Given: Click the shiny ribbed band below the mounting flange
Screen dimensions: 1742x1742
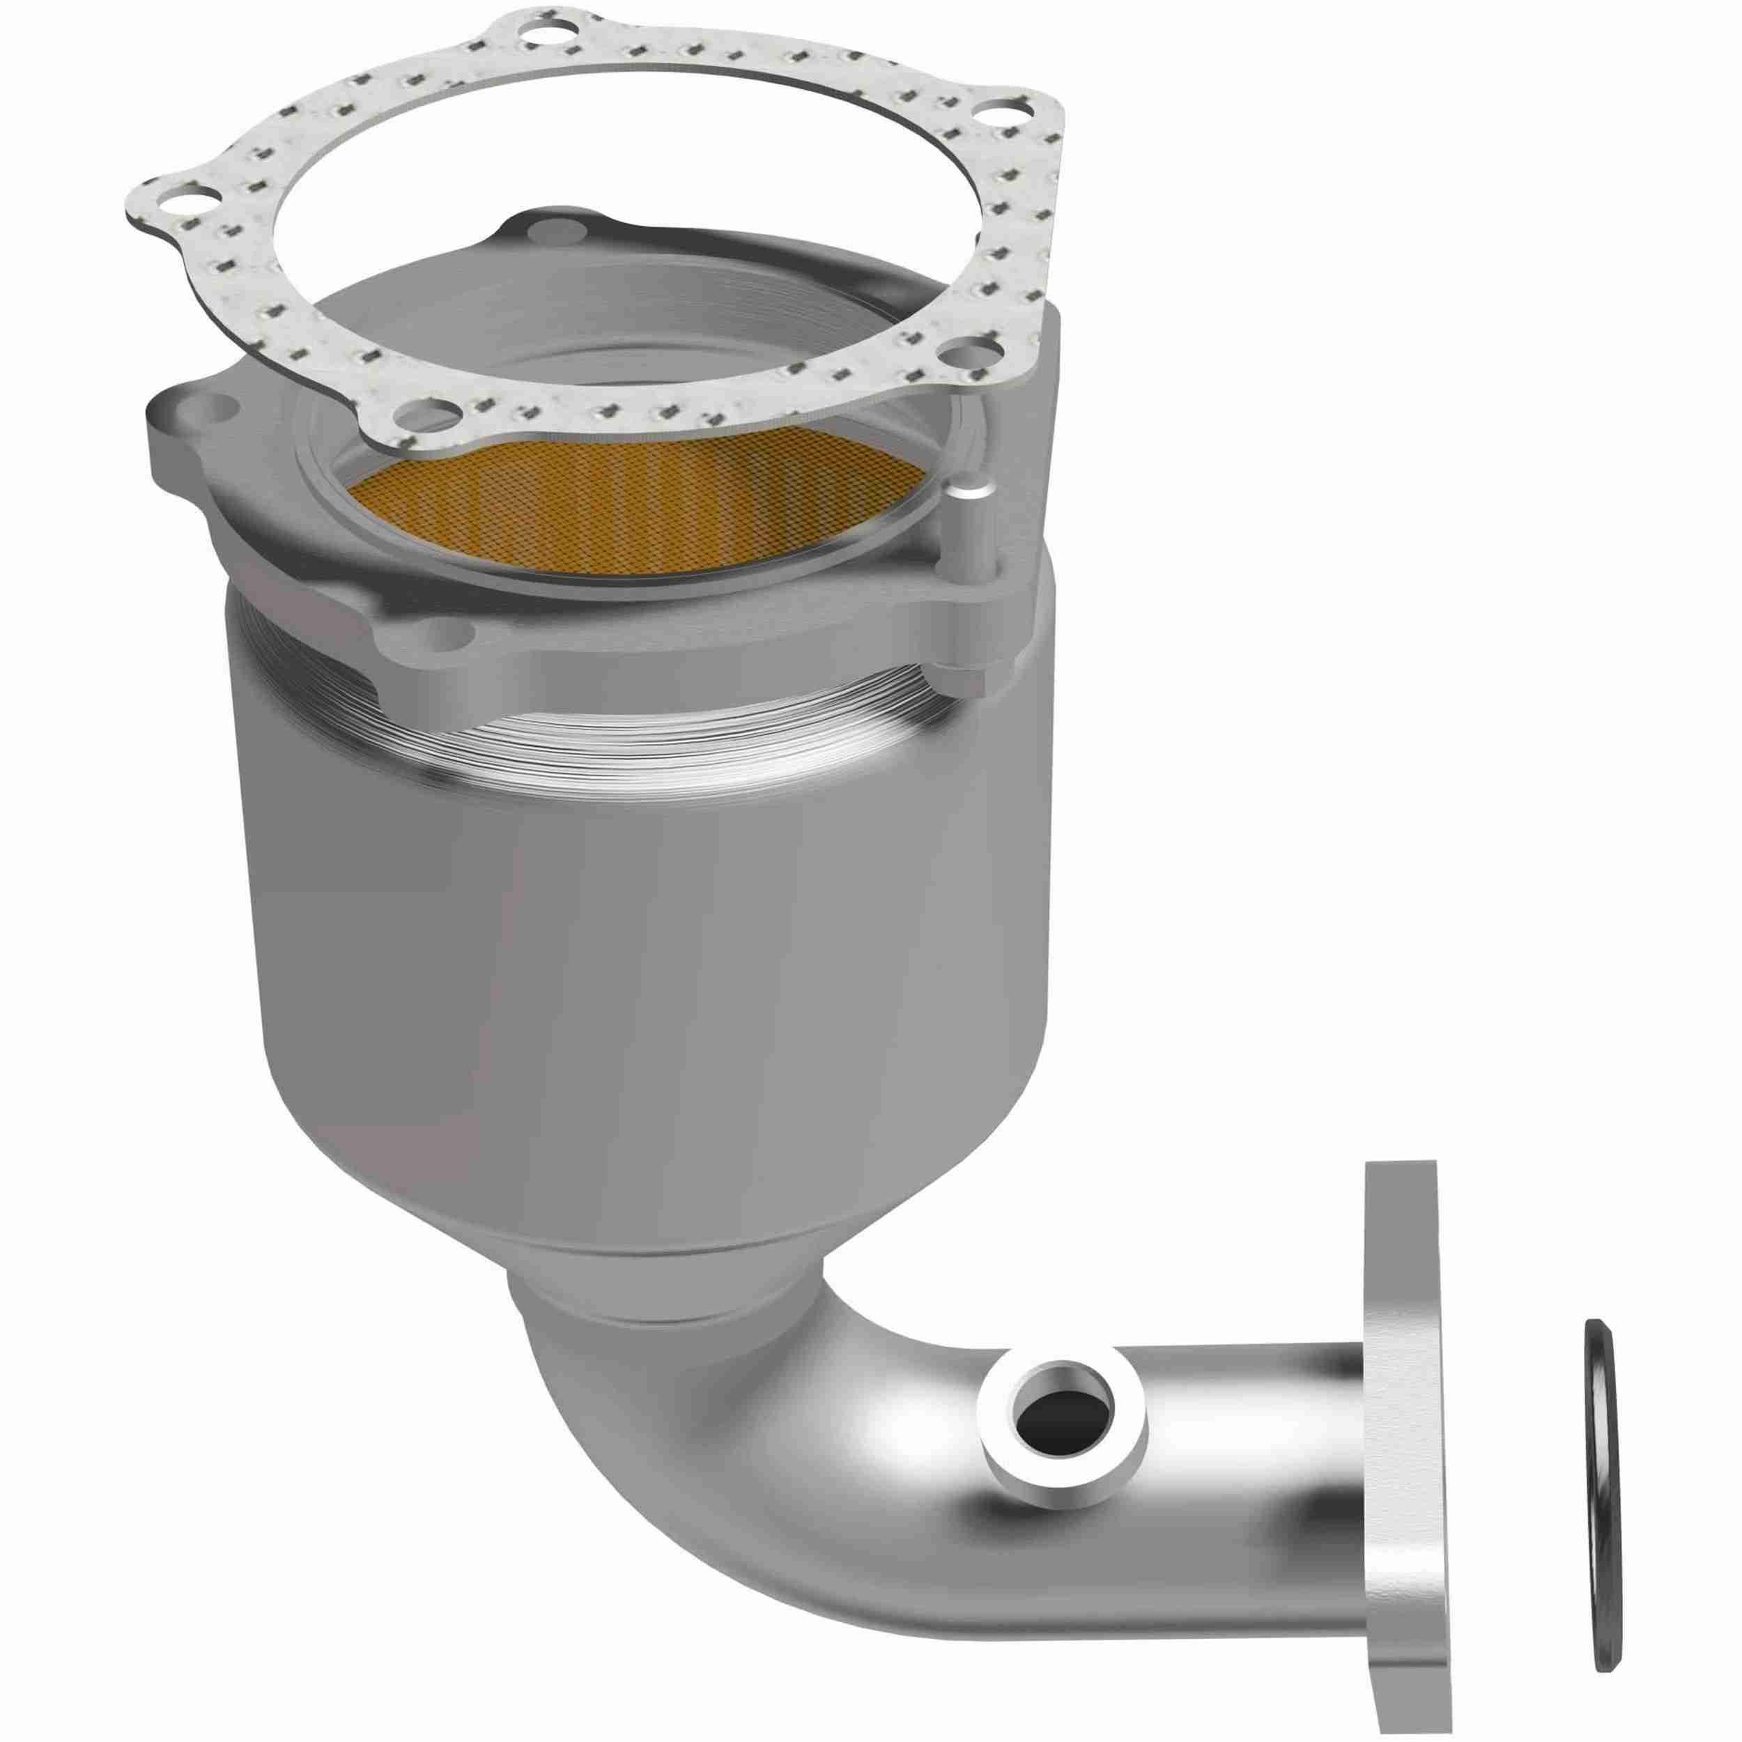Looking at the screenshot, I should coord(631,721).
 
